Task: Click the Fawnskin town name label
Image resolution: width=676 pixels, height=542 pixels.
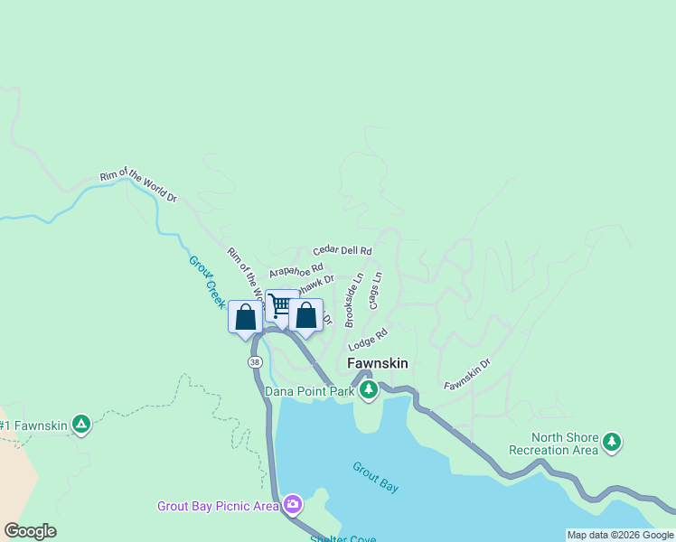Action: click(x=378, y=363)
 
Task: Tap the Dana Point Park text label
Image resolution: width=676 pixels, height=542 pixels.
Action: click(x=309, y=391)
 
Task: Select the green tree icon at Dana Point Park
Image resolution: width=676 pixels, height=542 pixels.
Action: click(x=368, y=390)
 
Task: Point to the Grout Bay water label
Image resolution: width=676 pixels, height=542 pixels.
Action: click(x=376, y=477)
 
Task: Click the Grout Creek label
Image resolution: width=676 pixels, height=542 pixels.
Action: click(x=207, y=279)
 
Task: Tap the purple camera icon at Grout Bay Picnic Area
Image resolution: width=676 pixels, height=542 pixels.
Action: click(x=293, y=504)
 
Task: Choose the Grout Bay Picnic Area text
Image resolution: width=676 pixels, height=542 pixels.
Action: click(x=218, y=506)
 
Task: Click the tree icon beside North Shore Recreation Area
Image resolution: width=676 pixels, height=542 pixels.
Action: click(x=614, y=442)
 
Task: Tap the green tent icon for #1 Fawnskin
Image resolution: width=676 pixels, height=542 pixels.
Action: click(x=81, y=425)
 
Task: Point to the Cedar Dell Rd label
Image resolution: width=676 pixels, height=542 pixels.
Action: click(x=343, y=250)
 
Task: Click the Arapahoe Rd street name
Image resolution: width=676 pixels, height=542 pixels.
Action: click(x=296, y=270)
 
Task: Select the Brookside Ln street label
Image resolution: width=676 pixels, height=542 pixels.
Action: click(x=353, y=300)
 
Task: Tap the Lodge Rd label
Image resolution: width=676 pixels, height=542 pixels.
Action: click(x=368, y=340)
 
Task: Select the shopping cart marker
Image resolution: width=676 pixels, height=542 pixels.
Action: click(x=281, y=306)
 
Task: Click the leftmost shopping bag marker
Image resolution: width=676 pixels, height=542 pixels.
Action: click(x=245, y=318)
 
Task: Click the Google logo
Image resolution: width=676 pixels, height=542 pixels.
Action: click(x=30, y=531)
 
